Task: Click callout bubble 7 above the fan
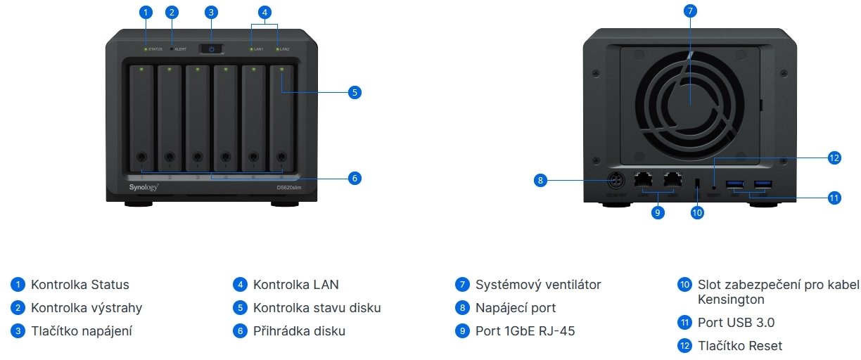(x=690, y=12)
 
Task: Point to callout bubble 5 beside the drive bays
(x=355, y=92)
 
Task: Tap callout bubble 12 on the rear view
(x=834, y=157)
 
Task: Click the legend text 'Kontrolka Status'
(x=80, y=285)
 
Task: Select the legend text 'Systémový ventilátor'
(x=538, y=285)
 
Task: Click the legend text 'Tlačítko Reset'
(x=740, y=345)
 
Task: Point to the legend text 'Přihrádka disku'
(x=299, y=330)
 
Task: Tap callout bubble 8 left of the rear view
(x=540, y=181)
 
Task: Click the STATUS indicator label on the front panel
(x=155, y=49)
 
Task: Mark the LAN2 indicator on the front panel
(x=283, y=49)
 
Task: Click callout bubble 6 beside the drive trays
(x=355, y=179)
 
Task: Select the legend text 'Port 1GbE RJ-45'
(x=525, y=330)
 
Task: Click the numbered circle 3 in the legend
(x=17, y=330)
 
